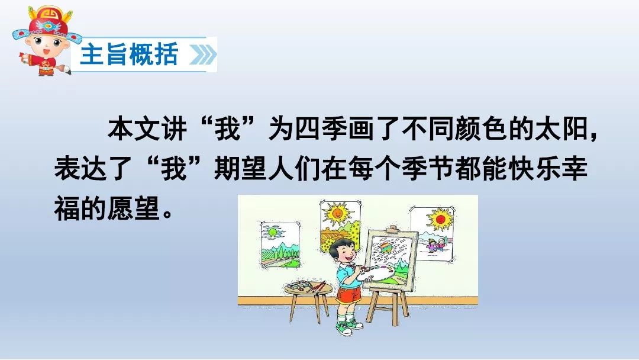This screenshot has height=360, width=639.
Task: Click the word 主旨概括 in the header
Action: pos(129,54)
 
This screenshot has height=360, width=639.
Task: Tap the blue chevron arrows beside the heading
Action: pos(202,54)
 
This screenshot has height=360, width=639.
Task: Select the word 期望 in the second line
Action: pos(241,168)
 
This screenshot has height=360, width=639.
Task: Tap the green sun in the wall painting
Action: pos(272,233)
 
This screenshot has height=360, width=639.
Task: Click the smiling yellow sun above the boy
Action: pos(337,213)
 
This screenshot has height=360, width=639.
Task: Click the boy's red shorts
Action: pos(348,295)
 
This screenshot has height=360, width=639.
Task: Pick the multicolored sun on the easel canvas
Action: pos(385,248)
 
